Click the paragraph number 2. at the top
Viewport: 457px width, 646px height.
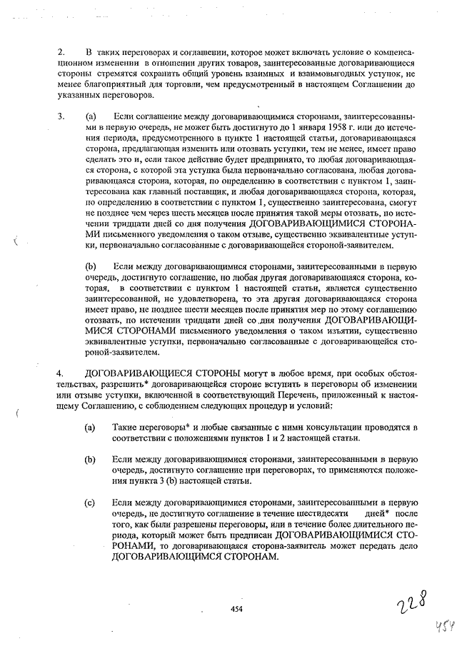[61, 53]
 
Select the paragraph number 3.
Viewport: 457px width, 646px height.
[61, 116]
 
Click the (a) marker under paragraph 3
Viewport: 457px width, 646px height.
[91, 116]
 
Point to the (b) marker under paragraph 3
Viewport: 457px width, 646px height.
[91, 266]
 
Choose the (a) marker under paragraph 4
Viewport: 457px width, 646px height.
[91, 427]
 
